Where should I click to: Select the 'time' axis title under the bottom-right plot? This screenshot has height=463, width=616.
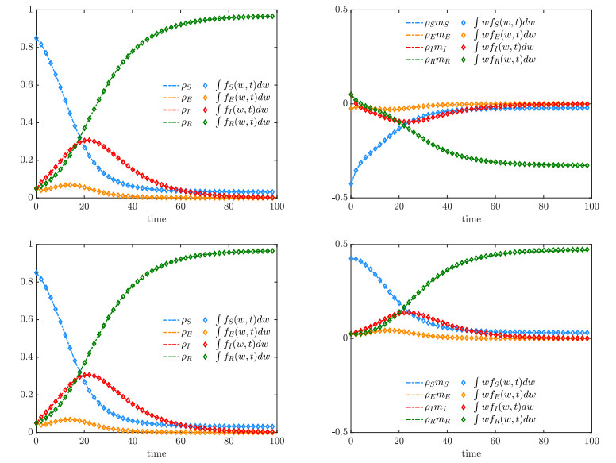coord(470,453)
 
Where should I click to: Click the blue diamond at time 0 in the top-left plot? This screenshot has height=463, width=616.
coord(36,38)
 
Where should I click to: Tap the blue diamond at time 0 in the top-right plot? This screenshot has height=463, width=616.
coord(350,184)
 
